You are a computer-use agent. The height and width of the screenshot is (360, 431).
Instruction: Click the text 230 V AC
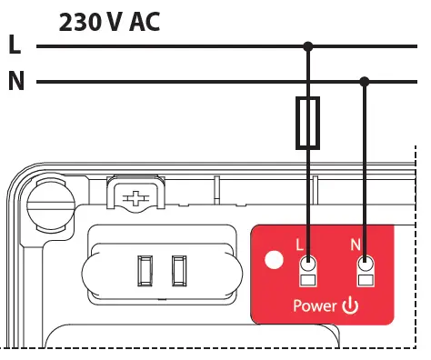coord(109,22)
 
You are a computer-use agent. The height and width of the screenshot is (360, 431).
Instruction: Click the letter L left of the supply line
coord(14,45)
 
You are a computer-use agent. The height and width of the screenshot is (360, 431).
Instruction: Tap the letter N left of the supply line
coord(15,82)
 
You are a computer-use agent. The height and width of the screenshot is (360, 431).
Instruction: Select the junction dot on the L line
coord(308,45)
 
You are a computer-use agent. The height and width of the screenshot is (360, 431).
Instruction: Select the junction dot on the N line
coord(366,82)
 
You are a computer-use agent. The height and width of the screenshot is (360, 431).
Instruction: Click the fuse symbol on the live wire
coord(308,124)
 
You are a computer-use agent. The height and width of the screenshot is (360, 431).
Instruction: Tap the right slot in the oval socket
coord(179,271)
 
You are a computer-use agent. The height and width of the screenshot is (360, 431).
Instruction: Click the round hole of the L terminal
coord(308,265)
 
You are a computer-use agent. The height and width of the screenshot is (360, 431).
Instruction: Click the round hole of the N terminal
coord(366,265)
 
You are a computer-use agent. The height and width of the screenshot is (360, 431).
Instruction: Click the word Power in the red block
coord(315,306)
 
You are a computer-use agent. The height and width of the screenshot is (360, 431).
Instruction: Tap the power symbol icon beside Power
coord(350,305)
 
